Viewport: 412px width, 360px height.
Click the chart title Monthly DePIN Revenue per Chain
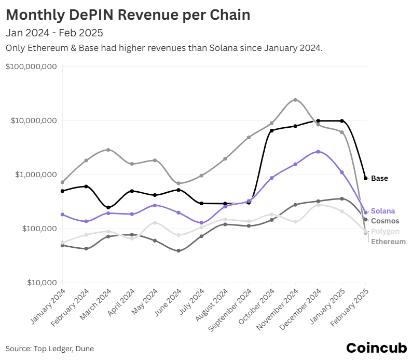click(x=128, y=15)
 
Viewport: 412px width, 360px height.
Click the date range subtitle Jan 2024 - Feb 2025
click(x=54, y=33)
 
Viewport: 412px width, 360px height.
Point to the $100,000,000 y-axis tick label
click(x=31, y=66)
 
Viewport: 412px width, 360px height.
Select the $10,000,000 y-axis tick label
click(x=33, y=121)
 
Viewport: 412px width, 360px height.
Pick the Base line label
click(x=379, y=178)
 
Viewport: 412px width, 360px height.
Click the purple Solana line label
click(x=383, y=211)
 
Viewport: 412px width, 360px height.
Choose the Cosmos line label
click(x=385, y=221)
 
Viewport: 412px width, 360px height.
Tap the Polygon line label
click(x=385, y=231)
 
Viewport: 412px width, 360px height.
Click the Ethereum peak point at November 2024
click(x=295, y=100)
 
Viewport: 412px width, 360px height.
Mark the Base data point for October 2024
click(x=272, y=130)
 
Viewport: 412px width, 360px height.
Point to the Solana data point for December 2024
click(x=318, y=152)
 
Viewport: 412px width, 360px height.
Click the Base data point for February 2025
click(x=365, y=178)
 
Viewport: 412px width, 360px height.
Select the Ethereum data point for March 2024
click(x=108, y=150)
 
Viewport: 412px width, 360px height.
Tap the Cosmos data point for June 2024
click(x=178, y=251)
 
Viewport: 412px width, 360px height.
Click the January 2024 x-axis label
click(x=48, y=306)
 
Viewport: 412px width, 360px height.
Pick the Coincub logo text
click(x=376, y=348)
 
